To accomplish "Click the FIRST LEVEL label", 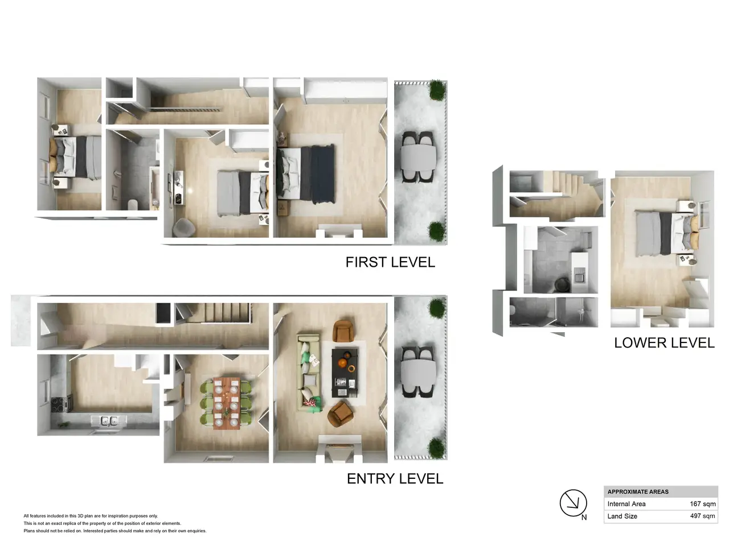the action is [390, 262].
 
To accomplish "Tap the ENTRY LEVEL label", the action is [395, 479].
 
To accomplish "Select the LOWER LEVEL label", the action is [664, 343].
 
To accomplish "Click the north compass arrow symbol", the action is [573, 503].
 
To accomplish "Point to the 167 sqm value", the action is [702, 504].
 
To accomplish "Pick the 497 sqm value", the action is [702, 516].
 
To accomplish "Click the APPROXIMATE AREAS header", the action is [638, 491].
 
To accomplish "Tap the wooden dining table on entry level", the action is [226, 403].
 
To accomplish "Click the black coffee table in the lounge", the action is [345, 373].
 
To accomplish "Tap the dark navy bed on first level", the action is [306, 175].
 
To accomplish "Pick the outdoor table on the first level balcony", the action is [418, 157].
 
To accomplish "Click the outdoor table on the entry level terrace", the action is [418, 373].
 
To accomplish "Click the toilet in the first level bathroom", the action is [133, 205].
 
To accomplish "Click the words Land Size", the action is [622, 516].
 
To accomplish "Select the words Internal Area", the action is [626, 504].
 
